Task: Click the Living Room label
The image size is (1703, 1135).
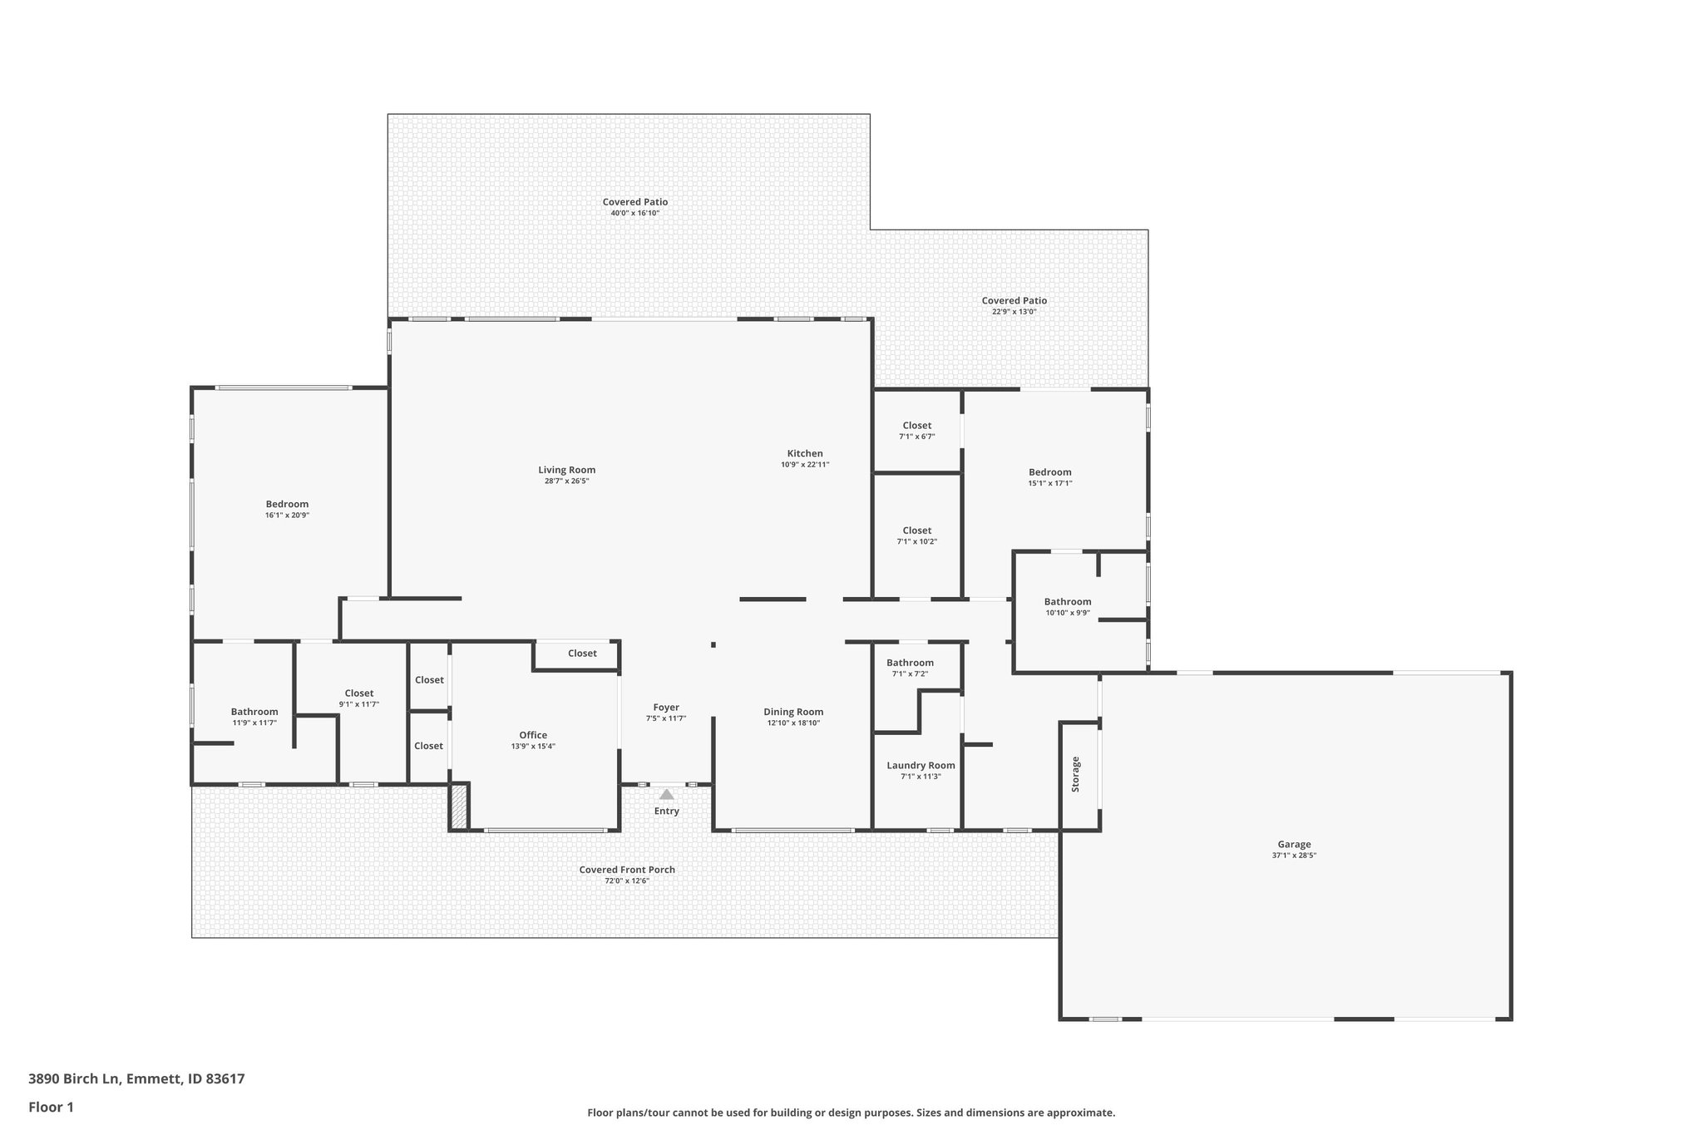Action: coord(566,470)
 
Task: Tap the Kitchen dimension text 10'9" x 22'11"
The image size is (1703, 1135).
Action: coord(805,465)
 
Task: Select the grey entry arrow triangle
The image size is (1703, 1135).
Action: coord(666,795)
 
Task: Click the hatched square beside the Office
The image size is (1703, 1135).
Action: coord(459,806)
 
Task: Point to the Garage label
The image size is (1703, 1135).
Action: coord(1294,844)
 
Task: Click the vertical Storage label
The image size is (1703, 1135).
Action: coord(1075,773)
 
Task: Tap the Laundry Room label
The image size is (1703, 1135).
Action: coord(921,765)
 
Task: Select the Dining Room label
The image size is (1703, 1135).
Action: coord(793,712)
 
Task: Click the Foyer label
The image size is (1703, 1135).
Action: coord(666,708)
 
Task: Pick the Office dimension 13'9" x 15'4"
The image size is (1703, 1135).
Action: coord(533,747)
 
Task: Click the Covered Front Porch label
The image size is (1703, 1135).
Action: coord(627,870)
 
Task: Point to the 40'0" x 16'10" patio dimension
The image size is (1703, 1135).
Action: coord(634,214)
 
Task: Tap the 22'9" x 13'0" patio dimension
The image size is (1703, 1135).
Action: coord(1014,312)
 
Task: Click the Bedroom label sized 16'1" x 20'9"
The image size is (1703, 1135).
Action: coord(287,504)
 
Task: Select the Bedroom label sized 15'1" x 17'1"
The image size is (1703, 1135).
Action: coord(1050,472)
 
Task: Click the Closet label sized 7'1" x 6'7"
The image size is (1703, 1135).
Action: coord(916,426)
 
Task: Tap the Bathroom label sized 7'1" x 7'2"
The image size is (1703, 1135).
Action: coord(910,663)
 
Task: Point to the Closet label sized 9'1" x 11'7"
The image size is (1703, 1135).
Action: coord(358,693)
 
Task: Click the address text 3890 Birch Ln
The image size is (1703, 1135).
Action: coord(75,1079)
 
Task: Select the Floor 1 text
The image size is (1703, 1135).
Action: coord(51,1107)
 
